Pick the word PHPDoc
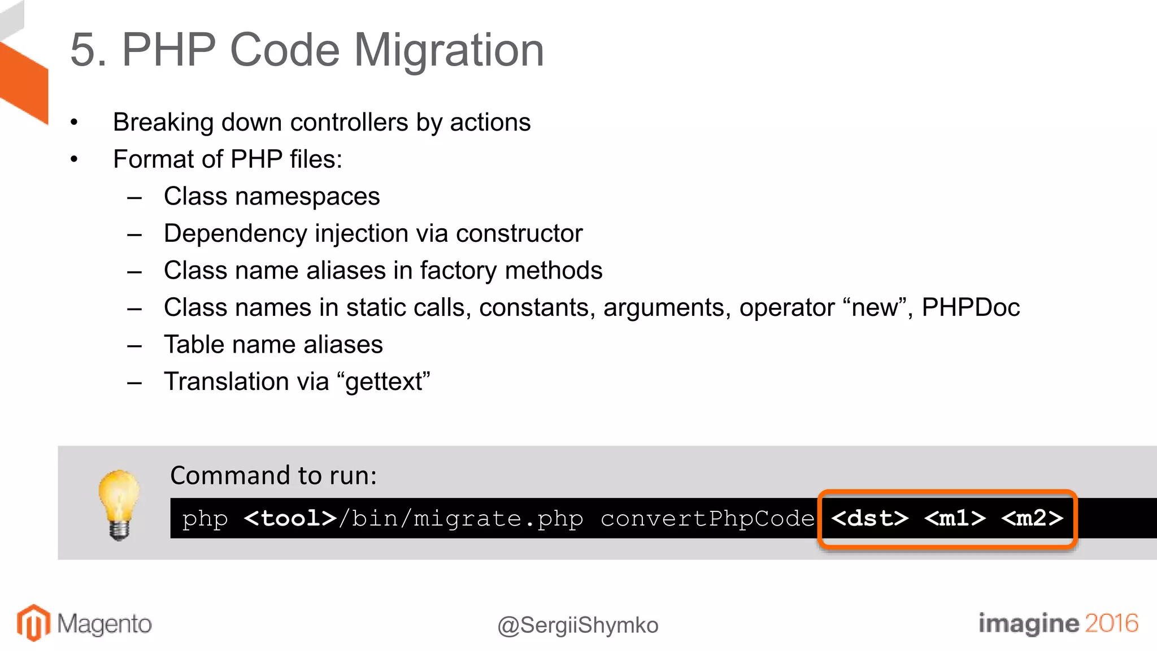(971, 308)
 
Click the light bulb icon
(119, 504)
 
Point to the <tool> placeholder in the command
(290, 518)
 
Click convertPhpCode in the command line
(707, 518)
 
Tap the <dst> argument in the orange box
(869, 518)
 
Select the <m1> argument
(955, 518)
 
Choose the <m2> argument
(1032, 518)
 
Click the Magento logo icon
(33, 623)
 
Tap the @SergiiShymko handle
(578, 626)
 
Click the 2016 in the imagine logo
(1111, 623)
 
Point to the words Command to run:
(273, 476)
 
